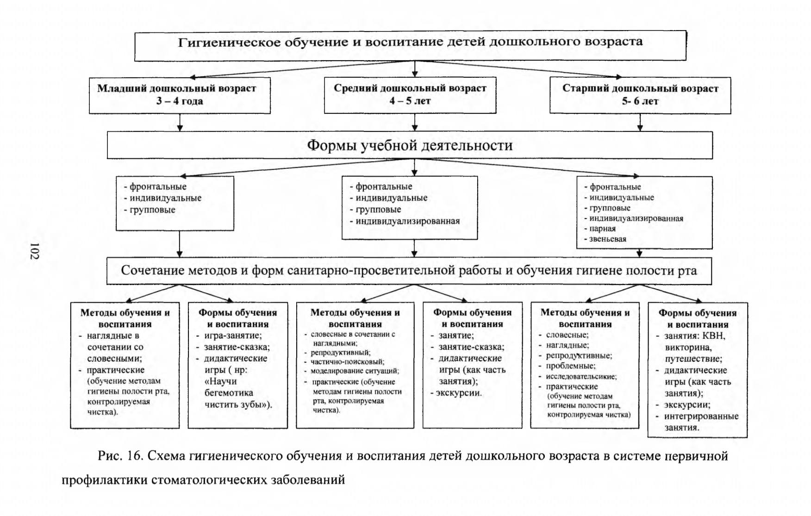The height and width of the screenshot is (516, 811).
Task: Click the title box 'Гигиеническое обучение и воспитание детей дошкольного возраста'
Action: pyautogui.click(x=410, y=46)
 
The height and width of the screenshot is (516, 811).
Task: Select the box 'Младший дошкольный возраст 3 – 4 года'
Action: pyautogui.click(x=180, y=95)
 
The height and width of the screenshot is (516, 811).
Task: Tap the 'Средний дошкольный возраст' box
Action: pyautogui.click(x=410, y=95)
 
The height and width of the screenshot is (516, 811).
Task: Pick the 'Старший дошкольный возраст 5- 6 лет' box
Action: pyautogui.click(x=640, y=95)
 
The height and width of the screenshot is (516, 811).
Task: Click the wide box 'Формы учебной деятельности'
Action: pyautogui.click(x=410, y=145)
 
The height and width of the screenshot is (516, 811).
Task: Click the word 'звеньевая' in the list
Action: pyautogui.click(x=608, y=239)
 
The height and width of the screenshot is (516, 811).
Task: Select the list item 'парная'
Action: pyautogui.click(x=603, y=229)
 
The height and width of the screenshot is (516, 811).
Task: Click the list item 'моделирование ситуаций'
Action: pyautogui.click(x=355, y=371)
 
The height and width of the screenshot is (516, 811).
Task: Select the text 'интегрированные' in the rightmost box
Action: pyautogui.click(x=701, y=416)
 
